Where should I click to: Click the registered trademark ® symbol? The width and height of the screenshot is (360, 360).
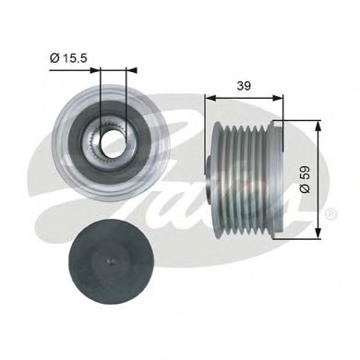[331, 215]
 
